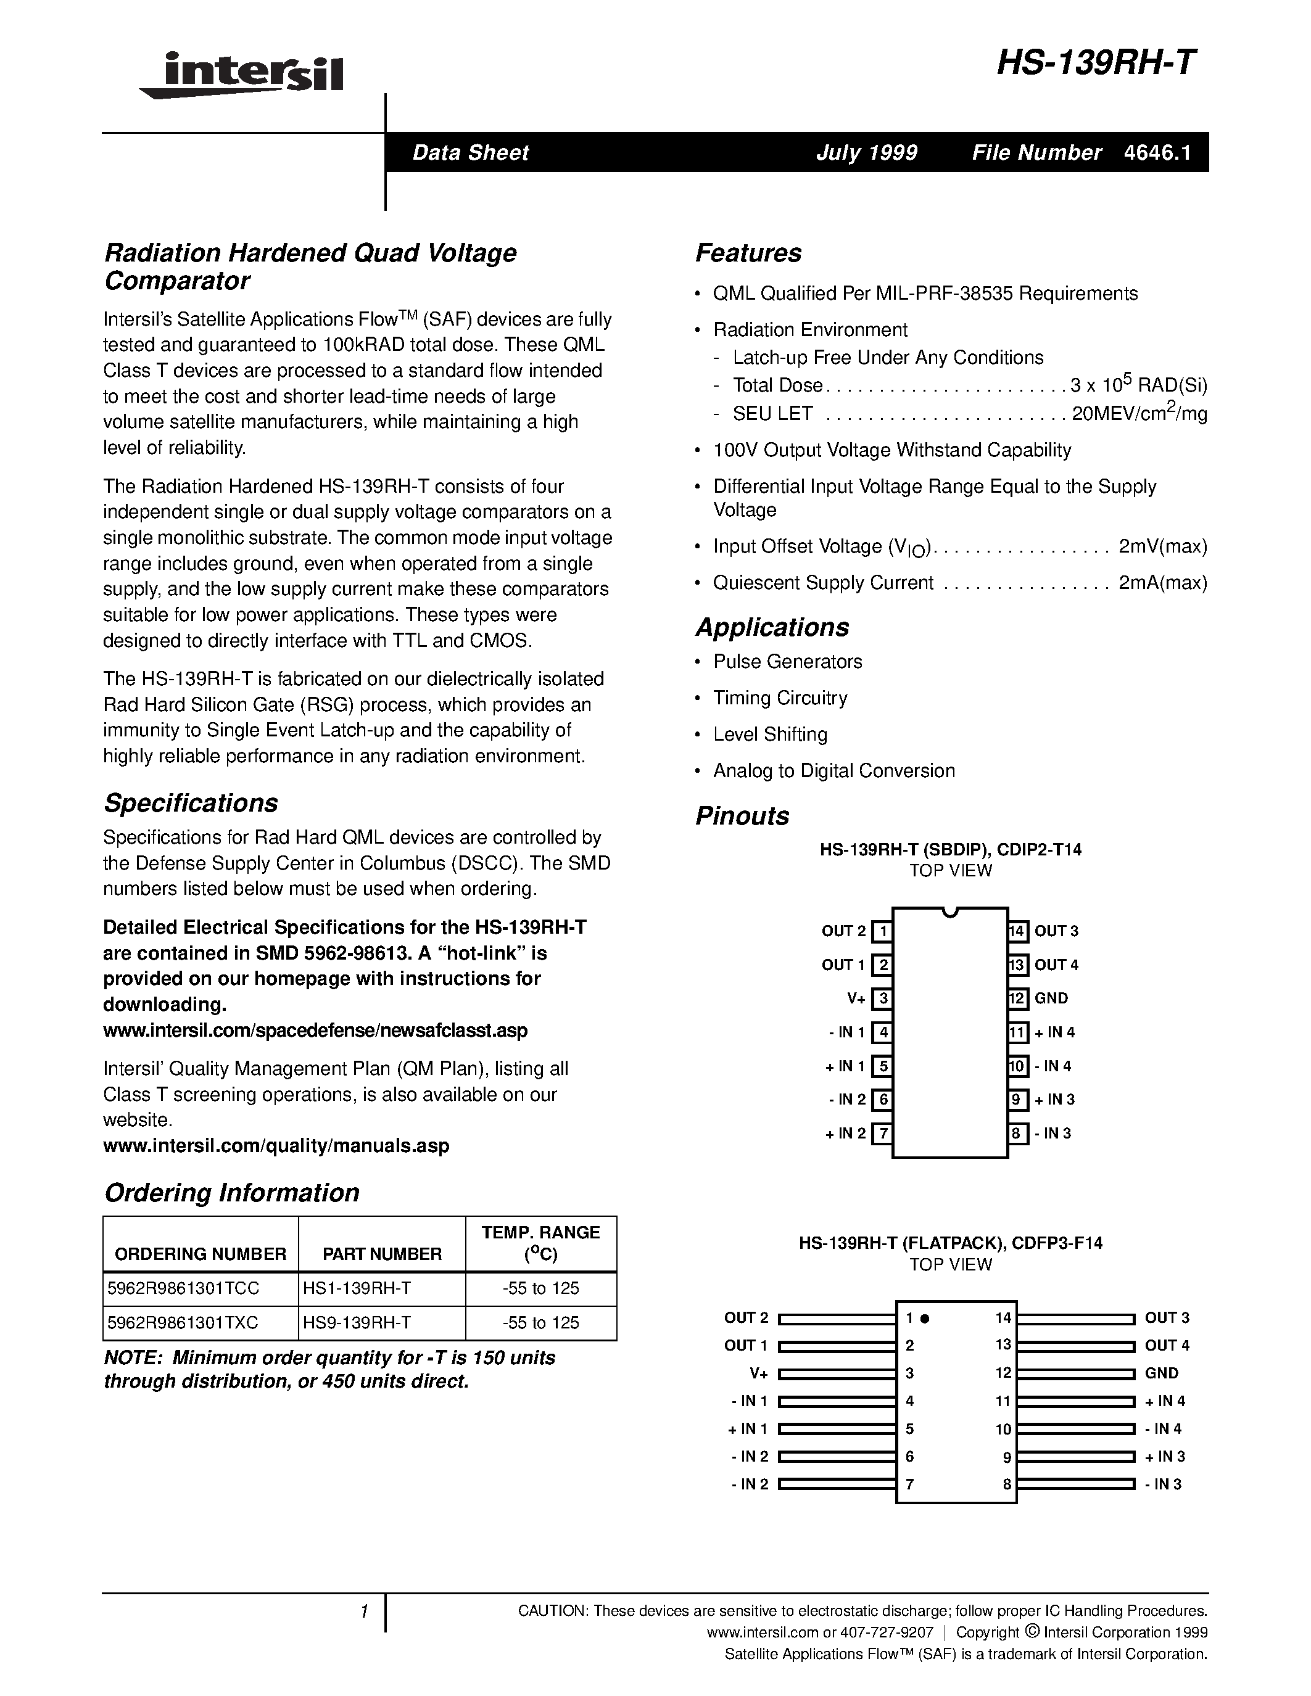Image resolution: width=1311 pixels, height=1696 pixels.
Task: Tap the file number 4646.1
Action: tap(1156, 152)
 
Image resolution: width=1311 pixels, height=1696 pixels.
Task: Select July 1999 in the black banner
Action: tap(866, 152)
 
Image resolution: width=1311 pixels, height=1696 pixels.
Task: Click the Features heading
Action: tap(748, 253)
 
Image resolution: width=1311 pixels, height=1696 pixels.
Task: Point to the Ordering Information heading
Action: tap(231, 1192)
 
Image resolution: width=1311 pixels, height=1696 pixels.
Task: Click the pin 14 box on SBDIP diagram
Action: tap(1017, 931)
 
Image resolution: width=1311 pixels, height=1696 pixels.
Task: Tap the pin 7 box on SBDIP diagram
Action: tap(882, 1134)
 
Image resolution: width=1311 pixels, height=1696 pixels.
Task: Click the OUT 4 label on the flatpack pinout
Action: tap(1167, 1345)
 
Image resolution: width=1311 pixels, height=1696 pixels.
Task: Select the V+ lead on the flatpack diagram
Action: tap(837, 1373)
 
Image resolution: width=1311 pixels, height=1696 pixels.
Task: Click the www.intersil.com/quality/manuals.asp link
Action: tap(276, 1145)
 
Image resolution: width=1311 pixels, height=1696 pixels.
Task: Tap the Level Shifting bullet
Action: tap(770, 734)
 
